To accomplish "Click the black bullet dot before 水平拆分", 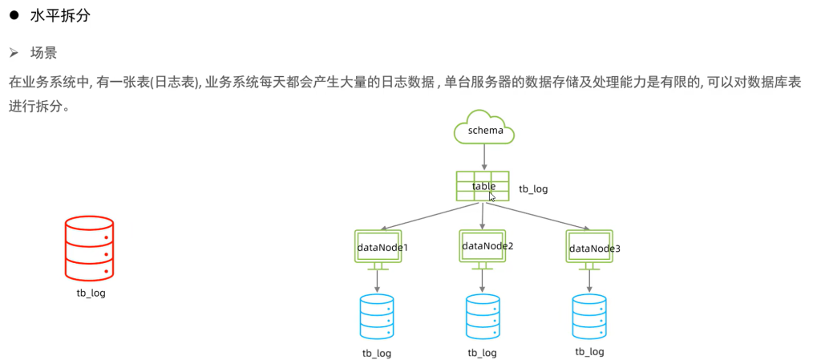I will point(14,16).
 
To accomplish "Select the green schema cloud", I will point(484,128).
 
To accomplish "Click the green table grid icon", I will point(483,185).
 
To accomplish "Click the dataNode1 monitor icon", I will point(378,247).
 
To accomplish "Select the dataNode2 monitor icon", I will point(483,245).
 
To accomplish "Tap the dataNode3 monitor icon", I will point(591,247).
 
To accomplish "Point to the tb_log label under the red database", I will point(89,293).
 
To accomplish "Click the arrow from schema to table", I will point(483,156).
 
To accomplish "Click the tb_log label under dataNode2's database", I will point(483,353).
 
